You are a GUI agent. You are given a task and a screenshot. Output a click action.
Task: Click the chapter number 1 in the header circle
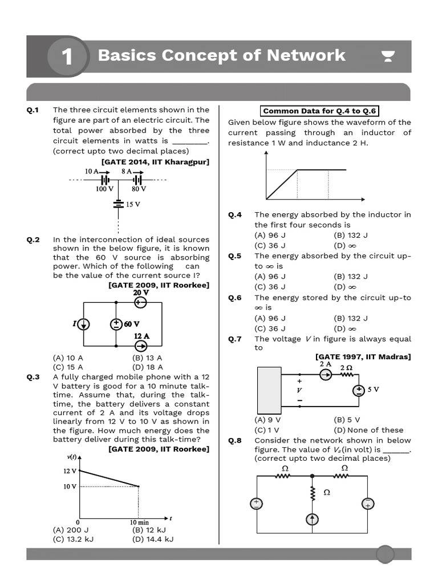(x=67, y=56)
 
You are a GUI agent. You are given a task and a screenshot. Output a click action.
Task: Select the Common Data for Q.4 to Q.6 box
(x=319, y=111)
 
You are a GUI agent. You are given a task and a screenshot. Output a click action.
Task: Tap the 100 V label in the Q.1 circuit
(x=104, y=189)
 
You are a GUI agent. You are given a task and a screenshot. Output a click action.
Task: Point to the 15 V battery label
(x=133, y=204)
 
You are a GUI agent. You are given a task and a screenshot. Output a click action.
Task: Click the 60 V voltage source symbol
(x=116, y=324)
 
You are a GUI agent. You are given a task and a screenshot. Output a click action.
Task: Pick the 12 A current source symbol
(x=140, y=346)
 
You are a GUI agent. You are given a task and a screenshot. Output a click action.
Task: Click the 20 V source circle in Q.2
(x=140, y=303)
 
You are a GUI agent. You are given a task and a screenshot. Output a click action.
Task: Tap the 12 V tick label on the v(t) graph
(x=70, y=471)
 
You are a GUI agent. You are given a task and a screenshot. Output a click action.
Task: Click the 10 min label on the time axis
(x=139, y=522)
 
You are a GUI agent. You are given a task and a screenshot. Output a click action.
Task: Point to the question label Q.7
(x=235, y=339)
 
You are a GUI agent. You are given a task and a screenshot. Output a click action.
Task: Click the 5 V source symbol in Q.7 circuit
(x=359, y=391)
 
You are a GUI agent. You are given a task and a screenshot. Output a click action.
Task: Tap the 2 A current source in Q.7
(x=326, y=374)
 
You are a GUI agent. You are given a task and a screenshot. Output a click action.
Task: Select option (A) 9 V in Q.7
(x=267, y=419)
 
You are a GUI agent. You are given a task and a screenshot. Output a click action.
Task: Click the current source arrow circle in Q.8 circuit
(x=312, y=519)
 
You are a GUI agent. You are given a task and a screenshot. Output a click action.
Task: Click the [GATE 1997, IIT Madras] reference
(x=363, y=357)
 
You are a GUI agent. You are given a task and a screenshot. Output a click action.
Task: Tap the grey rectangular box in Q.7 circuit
(x=269, y=390)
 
